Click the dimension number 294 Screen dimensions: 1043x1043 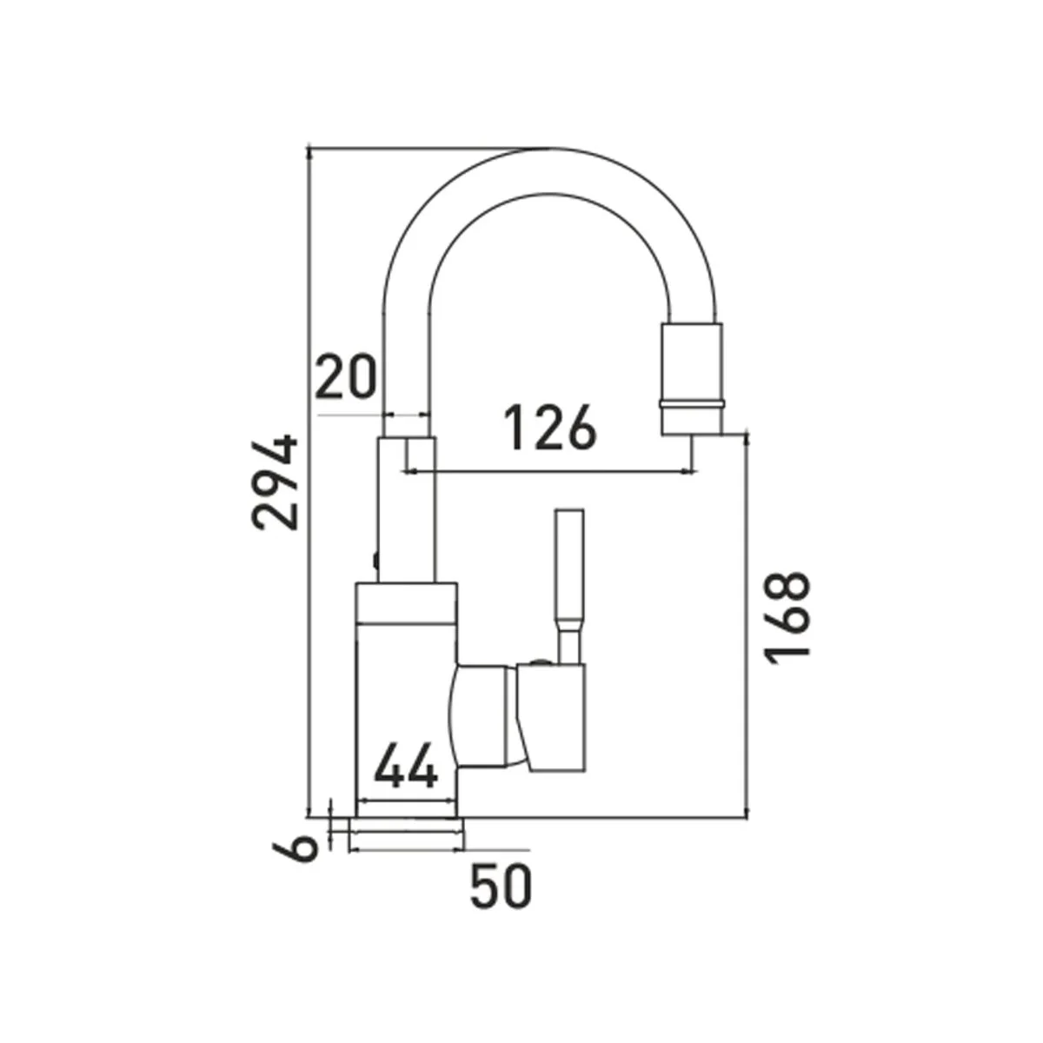point(274,482)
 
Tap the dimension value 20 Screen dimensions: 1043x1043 point(345,376)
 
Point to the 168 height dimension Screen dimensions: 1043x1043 point(787,618)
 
